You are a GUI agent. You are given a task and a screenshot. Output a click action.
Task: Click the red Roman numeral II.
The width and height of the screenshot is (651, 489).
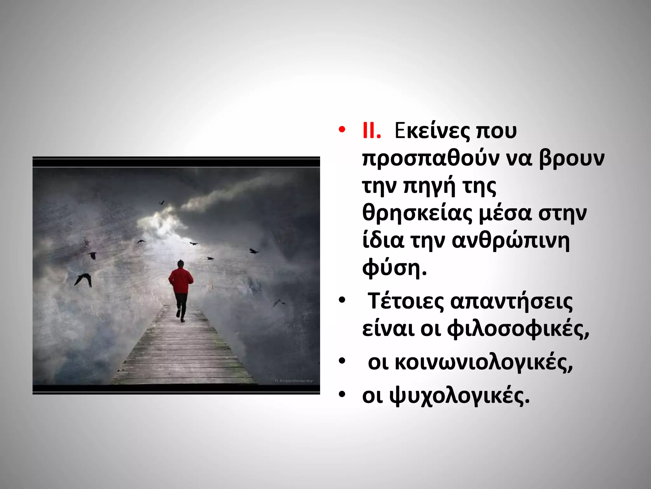[371, 131]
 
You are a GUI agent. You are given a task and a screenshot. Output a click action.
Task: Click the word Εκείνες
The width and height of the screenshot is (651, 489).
[432, 131]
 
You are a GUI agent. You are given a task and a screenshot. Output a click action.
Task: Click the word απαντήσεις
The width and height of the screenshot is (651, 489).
[511, 301]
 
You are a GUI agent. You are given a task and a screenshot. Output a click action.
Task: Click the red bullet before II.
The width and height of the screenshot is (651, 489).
[342, 130]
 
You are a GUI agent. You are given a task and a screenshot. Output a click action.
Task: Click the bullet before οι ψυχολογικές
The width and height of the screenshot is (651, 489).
[342, 395]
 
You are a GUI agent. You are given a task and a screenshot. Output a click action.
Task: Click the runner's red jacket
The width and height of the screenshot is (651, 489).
[181, 280]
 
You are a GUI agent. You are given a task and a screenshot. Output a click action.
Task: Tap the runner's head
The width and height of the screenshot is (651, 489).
[181, 263]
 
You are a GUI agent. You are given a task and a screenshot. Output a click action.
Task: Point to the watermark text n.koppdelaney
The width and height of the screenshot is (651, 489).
[294, 380]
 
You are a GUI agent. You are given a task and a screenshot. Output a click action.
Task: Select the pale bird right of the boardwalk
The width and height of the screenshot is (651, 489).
[278, 302]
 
